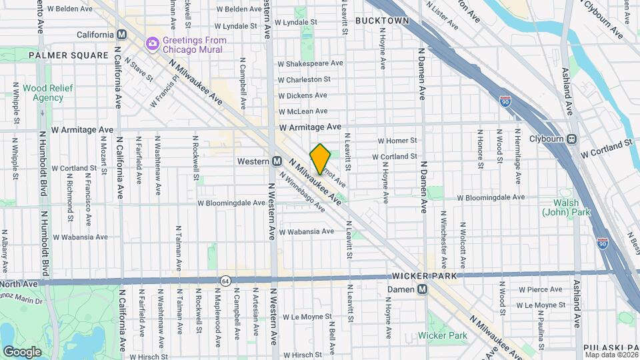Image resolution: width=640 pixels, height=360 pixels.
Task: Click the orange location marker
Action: tap(321, 159)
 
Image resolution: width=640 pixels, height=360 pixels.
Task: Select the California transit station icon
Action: tap(121, 35)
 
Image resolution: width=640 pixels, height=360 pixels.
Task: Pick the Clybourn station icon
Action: tap(571, 140)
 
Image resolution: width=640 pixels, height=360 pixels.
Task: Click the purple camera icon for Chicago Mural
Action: tap(153, 43)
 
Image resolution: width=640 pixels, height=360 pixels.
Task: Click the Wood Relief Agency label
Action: tap(43, 93)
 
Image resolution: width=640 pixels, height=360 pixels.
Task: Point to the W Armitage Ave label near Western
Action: tap(310, 126)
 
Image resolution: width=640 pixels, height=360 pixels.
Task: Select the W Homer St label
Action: tap(397, 141)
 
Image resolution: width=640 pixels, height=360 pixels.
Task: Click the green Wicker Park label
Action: tap(443, 336)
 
